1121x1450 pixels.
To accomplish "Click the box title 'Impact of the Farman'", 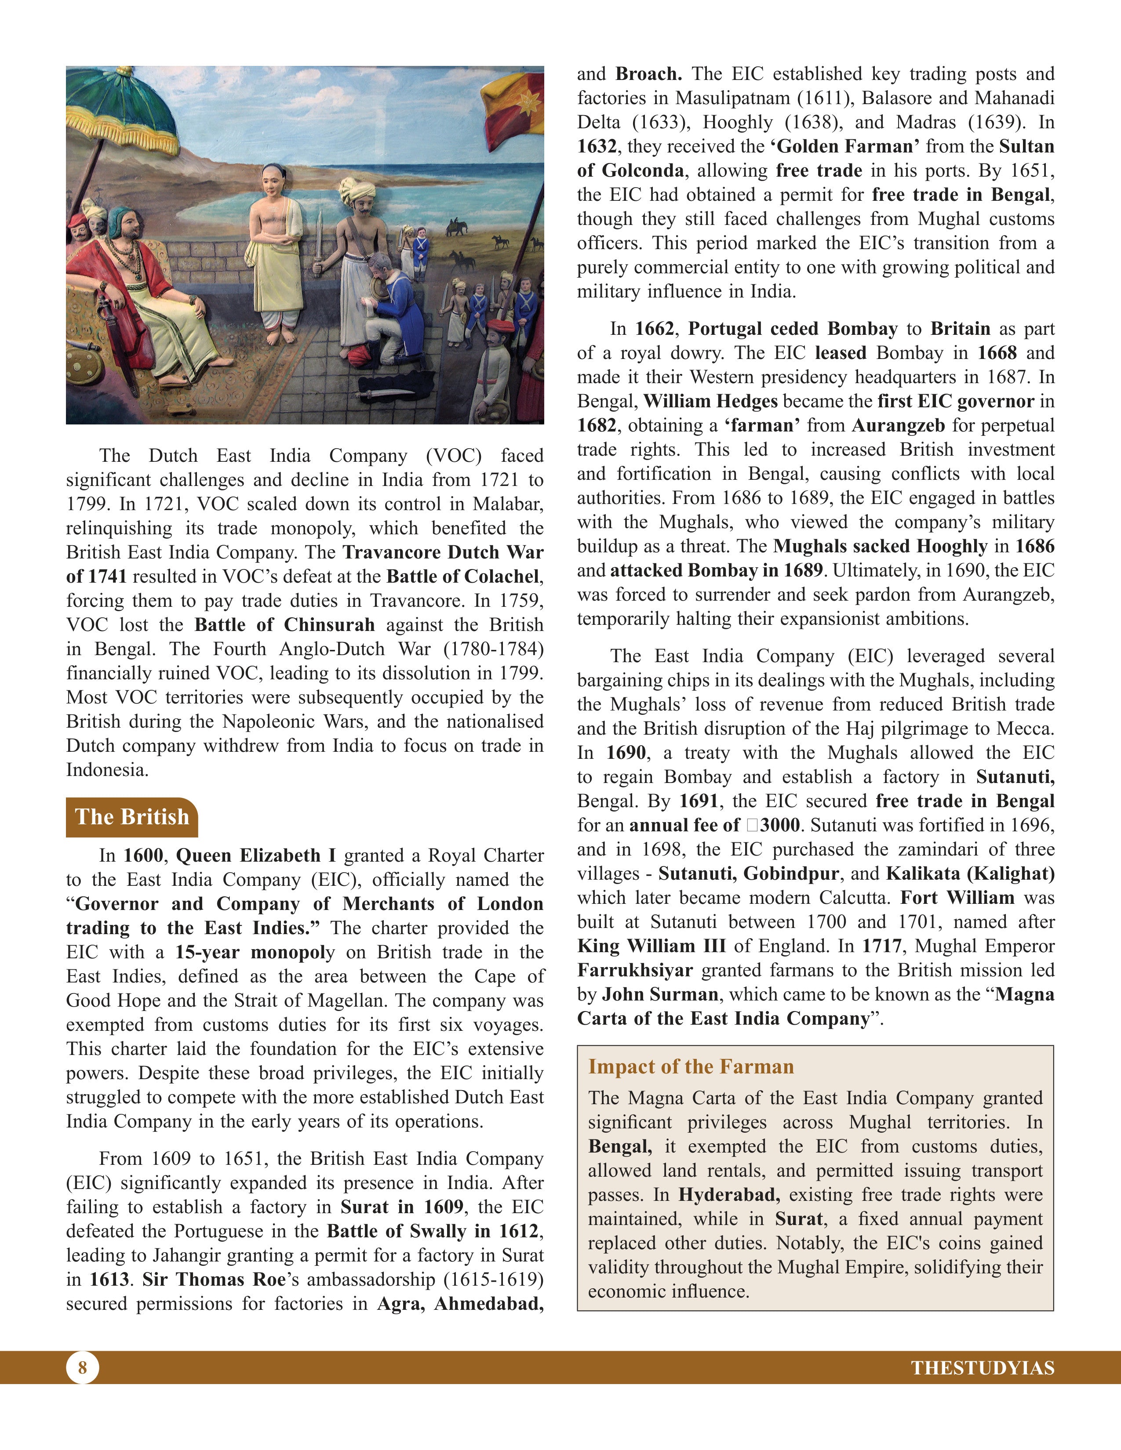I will [691, 1066].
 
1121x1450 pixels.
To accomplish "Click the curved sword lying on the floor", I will [385, 393].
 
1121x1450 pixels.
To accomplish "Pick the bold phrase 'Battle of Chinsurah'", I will [284, 625].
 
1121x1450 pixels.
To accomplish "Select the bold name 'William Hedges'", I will [710, 401].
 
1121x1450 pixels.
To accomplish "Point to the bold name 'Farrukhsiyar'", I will [634, 970].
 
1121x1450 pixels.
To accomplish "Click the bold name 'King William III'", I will [651, 946].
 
